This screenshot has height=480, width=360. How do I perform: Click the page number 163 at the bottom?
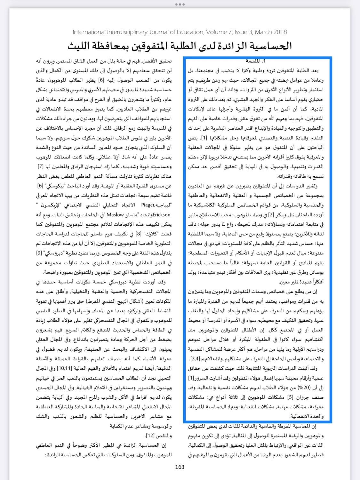point(180,467)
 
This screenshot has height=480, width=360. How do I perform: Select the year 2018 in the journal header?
point(280,32)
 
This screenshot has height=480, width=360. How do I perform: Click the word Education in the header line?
point(190,32)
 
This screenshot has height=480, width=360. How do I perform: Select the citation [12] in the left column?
point(150,436)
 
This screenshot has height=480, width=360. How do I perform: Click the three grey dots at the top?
point(180,4)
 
